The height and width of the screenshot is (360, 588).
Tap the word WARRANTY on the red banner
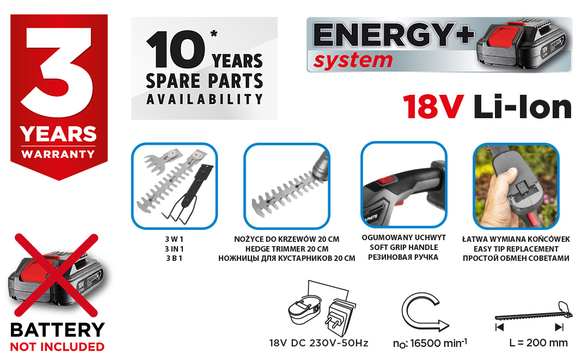(x=58, y=154)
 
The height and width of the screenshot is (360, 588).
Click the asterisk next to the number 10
(x=214, y=34)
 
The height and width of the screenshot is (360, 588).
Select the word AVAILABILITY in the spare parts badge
(x=204, y=99)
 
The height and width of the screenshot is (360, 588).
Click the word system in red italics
(x=353, y=60)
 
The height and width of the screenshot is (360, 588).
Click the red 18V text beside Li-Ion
(x=433, y=107)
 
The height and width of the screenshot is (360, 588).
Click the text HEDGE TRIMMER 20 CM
(x=287, y=249)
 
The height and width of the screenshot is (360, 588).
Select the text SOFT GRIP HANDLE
(x=404, y=247)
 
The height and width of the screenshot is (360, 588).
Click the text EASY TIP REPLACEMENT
(x=516, y=249)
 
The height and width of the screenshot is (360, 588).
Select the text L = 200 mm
(x=538, y=343)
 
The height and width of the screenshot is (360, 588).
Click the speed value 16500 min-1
(x=438, y=343)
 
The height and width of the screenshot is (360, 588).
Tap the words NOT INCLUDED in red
(x=57, y=347)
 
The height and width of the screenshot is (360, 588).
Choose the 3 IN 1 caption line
(x=174, y=249)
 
